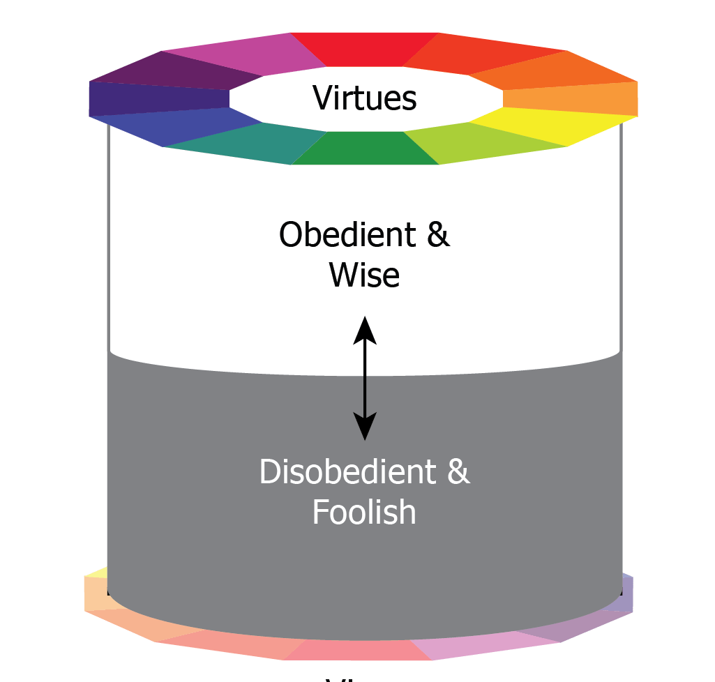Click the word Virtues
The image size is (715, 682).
[x=364, y=98]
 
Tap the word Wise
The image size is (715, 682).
[x=364, y=275]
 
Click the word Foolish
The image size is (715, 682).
[x=364, y=513]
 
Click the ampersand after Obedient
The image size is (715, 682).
[x=437, y=235]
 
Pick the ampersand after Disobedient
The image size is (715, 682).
[x=458, y=472]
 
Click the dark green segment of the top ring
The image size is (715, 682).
[x=364, y=148]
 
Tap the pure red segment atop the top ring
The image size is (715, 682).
[x=364, y=49]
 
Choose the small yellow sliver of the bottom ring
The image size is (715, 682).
[x=96, y=573]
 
